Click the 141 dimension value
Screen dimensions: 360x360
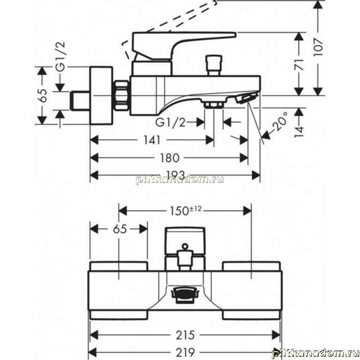click(152, 140)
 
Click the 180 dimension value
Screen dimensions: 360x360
click(169, 158)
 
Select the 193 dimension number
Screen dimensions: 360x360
click(175, 174)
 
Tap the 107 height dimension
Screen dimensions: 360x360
click(318, 47)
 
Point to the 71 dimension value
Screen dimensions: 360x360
click(299, 65)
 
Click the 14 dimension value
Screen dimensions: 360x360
click(299, 132)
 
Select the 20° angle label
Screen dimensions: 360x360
click(281, 121)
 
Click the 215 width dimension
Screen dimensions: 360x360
click(185, 335)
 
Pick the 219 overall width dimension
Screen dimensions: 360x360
click(185, 352)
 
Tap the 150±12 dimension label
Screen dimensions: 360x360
click(186, 210)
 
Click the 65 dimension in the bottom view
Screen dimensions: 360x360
click(120, 229)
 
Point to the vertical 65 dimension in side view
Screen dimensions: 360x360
click(42, 96)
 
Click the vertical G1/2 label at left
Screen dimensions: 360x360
click(60, 57)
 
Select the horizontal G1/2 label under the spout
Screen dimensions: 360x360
click(170, 122)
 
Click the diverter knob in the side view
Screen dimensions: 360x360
click(214, 65)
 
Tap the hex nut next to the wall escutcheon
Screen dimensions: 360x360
click(121, 96)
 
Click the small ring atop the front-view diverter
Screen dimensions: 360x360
click(185, 247)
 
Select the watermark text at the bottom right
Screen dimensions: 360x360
click(315, 353)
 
